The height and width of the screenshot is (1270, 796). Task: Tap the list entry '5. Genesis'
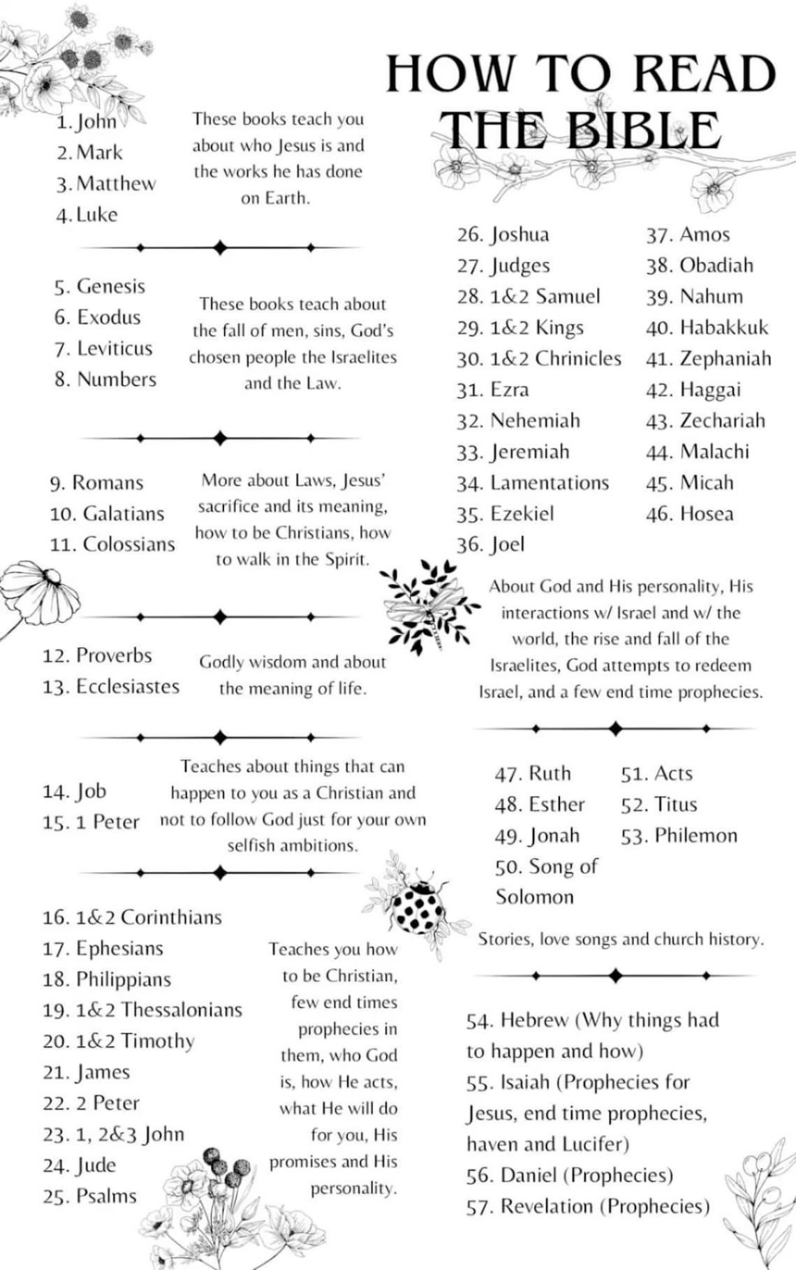(100, 286)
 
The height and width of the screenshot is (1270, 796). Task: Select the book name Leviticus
(115, 348)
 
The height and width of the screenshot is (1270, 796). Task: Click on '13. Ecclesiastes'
(111, 687)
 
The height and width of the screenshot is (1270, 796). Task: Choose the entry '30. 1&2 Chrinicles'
(539, 358)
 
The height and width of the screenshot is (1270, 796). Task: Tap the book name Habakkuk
(724, 328)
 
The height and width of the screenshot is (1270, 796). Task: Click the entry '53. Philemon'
(679, 835)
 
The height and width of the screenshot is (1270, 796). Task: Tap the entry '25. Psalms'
(89, 1196)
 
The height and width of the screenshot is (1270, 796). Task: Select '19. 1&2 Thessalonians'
(142, 1010)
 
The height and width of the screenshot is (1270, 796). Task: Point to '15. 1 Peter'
(91, 822)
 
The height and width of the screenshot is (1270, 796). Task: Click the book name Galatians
(124, 513)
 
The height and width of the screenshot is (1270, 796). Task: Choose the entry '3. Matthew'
(107, 184)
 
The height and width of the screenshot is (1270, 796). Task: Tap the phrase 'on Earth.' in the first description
(275, 198)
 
